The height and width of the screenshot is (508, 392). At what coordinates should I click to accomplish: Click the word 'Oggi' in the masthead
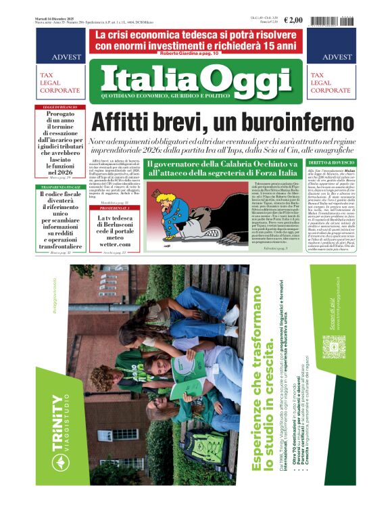[239, 78]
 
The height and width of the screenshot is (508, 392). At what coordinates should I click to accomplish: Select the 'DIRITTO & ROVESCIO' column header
[331, 163]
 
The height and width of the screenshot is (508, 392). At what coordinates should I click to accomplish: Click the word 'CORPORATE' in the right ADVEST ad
[330, 90]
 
